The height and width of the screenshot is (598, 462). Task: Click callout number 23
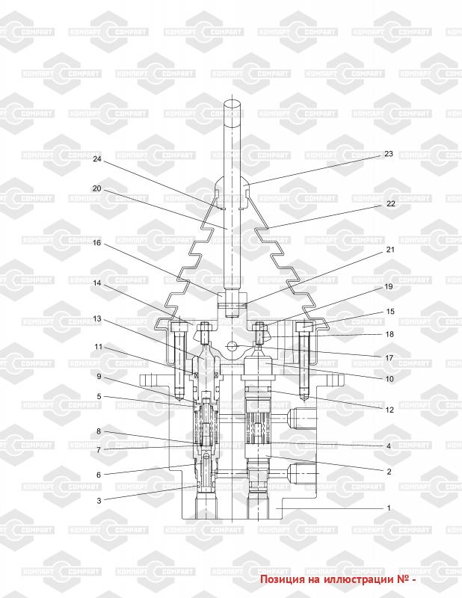click(389, 154)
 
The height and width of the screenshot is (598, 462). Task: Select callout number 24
click(97, 158)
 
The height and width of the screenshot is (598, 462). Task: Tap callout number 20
click(97, 189)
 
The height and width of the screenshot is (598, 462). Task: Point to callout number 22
click(391, 203)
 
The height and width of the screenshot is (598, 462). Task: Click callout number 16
click(97, 242)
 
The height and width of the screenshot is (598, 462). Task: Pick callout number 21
click(390, 250)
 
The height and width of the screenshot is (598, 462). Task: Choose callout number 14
click(97, 283)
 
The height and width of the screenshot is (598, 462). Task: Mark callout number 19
click(389, 286)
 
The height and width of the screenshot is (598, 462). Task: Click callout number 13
click(97, 318)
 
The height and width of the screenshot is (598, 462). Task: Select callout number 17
click(389, 358)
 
